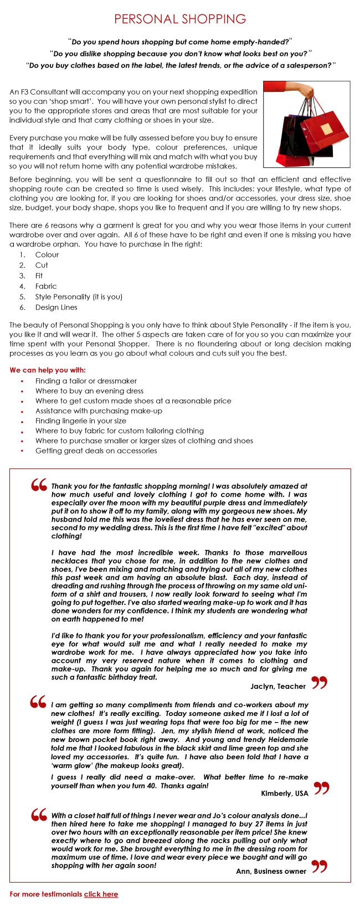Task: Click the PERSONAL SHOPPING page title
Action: [180, 19]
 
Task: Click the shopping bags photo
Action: [306, 124]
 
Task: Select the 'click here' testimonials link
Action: [101, 894]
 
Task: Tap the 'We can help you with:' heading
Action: [48, 370]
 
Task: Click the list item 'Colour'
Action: [47, 255]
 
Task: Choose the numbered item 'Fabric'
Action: [46, 286]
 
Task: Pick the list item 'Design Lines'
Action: [56, 307]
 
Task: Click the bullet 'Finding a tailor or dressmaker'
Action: [86, 381]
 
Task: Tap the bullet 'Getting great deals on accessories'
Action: [96, 451]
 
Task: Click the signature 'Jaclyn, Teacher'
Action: [278, 686]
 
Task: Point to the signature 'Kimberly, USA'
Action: [285, 793]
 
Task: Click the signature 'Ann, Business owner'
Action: [271, 871]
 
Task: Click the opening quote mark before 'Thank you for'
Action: [39, 485]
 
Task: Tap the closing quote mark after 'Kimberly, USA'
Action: [321, 788]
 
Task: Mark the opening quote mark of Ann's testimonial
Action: [39, 815]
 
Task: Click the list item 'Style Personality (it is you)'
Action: [79, 297]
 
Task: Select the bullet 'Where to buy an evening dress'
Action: [89, 391]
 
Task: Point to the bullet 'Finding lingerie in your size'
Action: [81, 421]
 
